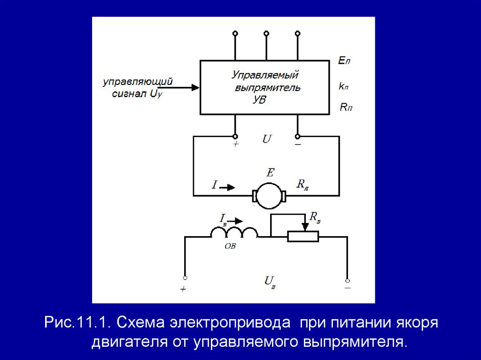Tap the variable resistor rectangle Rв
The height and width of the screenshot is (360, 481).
303,237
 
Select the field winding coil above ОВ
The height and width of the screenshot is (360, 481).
234,232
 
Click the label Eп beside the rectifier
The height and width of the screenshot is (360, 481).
344,61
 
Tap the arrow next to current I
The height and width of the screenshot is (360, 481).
228,187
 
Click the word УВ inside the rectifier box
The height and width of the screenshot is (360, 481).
259,100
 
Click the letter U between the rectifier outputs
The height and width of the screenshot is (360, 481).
266,139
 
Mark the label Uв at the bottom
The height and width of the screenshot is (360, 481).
269,281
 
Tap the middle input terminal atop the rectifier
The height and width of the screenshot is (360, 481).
266,33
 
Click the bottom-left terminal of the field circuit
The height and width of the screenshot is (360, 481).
185,278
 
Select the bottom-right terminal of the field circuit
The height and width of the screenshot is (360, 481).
347,278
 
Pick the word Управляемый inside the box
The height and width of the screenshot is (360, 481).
265,75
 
